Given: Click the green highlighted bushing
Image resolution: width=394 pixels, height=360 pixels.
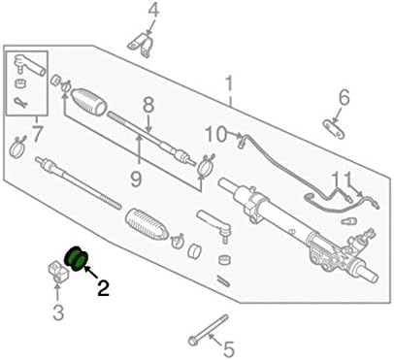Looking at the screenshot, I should point(75,258).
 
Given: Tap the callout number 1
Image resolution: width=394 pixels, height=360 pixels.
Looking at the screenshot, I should point(230,85).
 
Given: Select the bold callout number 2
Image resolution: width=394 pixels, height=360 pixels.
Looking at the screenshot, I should point(103,288).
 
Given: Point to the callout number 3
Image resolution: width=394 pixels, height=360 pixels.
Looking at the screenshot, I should point(58,312).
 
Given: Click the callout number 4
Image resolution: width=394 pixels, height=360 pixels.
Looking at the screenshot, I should point(151,12).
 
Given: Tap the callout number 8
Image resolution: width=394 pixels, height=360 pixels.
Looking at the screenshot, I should point(148,104).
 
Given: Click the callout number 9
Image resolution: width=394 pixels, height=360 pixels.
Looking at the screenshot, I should point(135,178).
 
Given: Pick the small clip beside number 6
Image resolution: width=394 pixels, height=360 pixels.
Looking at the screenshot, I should point(334,127).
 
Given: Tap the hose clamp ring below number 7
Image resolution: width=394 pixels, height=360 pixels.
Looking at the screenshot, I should point(18,148).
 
